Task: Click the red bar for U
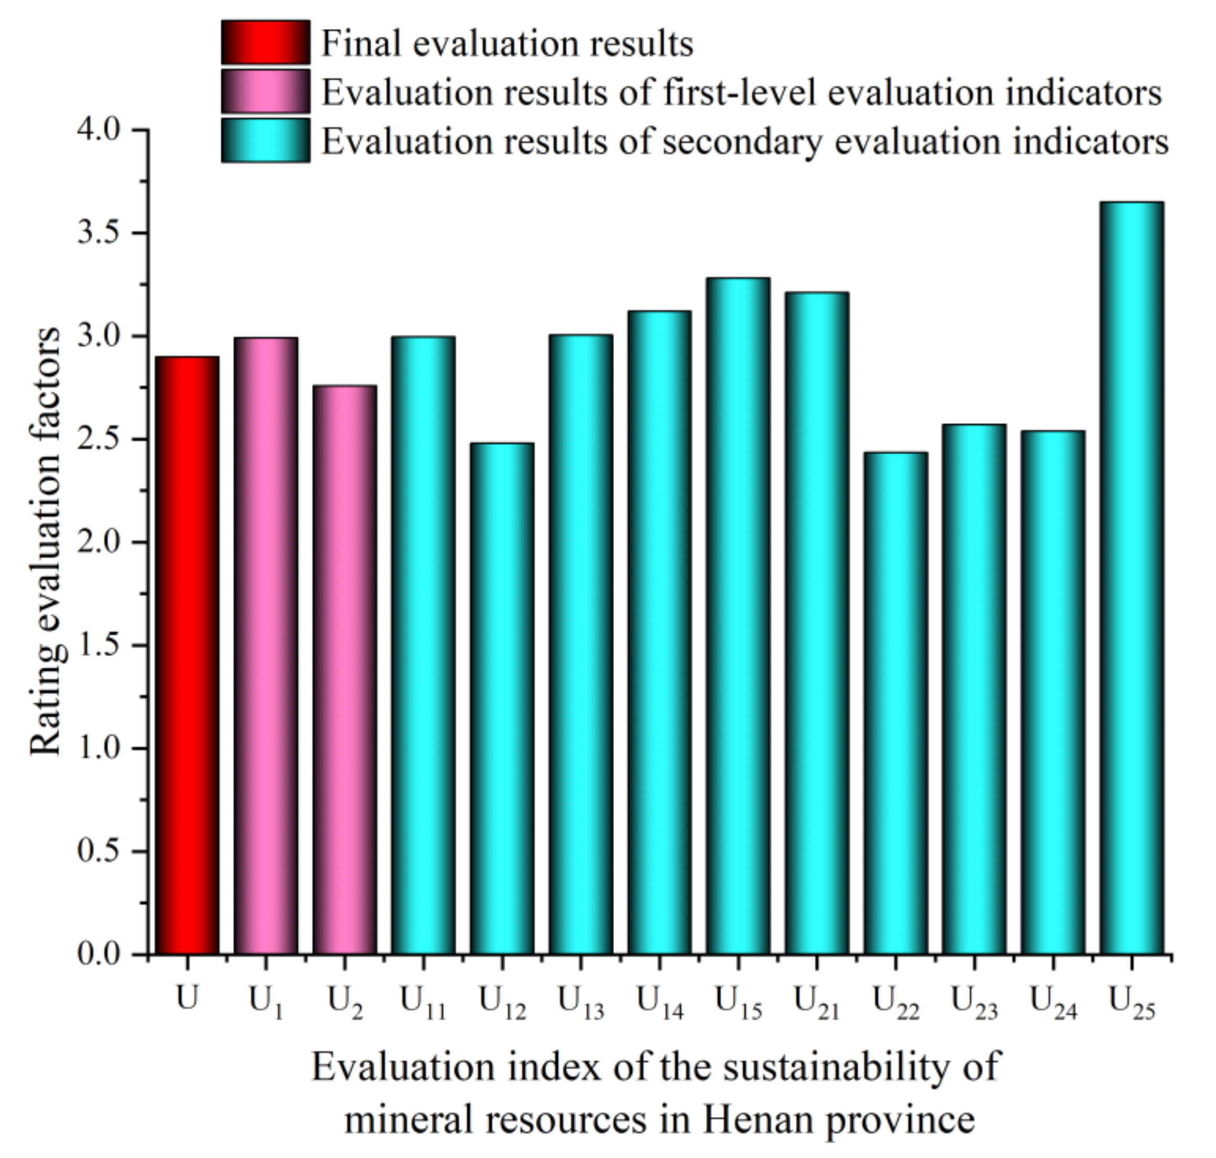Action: point(186,654)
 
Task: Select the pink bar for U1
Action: point(265,645)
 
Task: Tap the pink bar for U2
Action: point(345,670)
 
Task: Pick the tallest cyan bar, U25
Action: point(1131,577)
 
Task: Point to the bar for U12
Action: point(502,697)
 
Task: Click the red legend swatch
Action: point(265,43)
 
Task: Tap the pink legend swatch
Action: point(265,91)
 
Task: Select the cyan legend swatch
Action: point(265,141)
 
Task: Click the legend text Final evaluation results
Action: point(507,44)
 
